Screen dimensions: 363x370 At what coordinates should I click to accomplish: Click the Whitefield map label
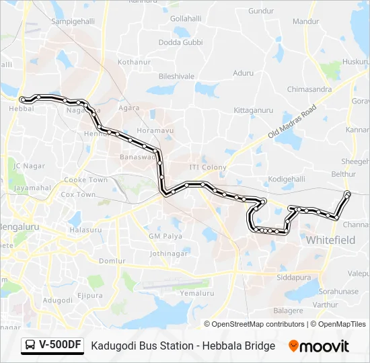tap(330, 239)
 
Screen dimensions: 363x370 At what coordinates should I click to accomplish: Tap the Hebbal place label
tap(22, 108)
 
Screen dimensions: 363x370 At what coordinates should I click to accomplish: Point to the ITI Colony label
tap(207, 167)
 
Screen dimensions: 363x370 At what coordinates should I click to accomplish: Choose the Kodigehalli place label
tap(287, 179)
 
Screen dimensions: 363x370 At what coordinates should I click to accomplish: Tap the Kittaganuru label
tap(253, 110)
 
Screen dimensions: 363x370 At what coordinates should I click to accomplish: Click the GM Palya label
tap(165, 237)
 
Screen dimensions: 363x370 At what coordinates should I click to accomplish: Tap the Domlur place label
tap(111, 260)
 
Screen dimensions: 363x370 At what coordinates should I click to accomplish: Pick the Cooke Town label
tap(85, 180)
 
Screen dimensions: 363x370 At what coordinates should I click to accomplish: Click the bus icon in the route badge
tap(31, 346)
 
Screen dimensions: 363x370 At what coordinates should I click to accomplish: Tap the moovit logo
tap(319, 346)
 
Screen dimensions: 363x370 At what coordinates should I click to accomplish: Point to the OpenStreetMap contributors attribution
tap(258, 324)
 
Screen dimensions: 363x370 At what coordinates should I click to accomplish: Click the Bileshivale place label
tap(176, 77)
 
